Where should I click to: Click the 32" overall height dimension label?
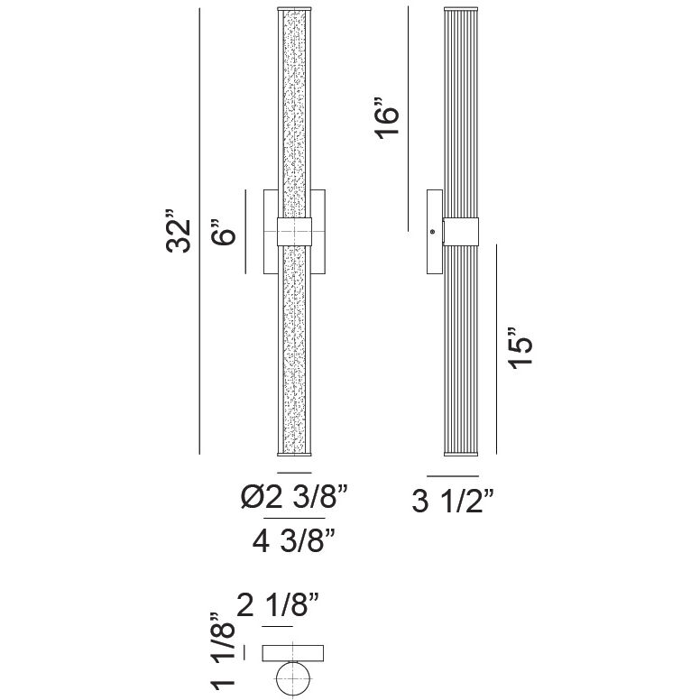tap(180, 233)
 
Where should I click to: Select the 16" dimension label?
tap(386, 122)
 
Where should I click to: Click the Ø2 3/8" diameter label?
tap(294, 497)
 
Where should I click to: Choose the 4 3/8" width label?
tap(293, 542)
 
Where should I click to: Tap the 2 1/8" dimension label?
tap(278, 605)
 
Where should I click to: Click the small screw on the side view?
tap(434, 233)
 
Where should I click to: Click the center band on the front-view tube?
tap(294, 231)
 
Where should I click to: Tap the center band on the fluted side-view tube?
tap(463, 232)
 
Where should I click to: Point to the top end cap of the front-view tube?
tap(294, 13)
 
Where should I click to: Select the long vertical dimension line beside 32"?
tap(198, 233)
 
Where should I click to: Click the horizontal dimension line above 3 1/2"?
tap(452, 475)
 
